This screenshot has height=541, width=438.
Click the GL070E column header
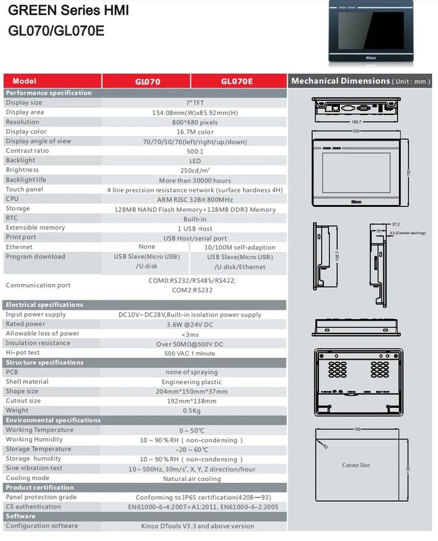tap(237, 81)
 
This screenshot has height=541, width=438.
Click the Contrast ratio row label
tap(27, 151)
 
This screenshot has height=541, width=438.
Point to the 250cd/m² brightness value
tap(195, 170)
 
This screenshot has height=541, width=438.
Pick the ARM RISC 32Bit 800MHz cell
tap(195, 199)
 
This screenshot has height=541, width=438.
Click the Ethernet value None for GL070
tap(147, 247)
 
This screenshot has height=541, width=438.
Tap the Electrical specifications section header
tap(44, 305)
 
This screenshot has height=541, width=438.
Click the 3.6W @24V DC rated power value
tap(195, 324)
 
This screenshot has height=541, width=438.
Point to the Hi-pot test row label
tap(22, 352)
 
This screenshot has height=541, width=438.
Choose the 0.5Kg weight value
tap(195, 410)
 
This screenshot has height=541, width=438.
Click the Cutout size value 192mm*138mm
tap(195, 401)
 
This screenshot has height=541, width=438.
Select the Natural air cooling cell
tap(195, 479)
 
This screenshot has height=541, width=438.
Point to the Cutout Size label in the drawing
tap(356, 465)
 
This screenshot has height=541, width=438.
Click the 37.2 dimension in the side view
tap(395, 224)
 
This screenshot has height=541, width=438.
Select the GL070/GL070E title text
tap(56, 30)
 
